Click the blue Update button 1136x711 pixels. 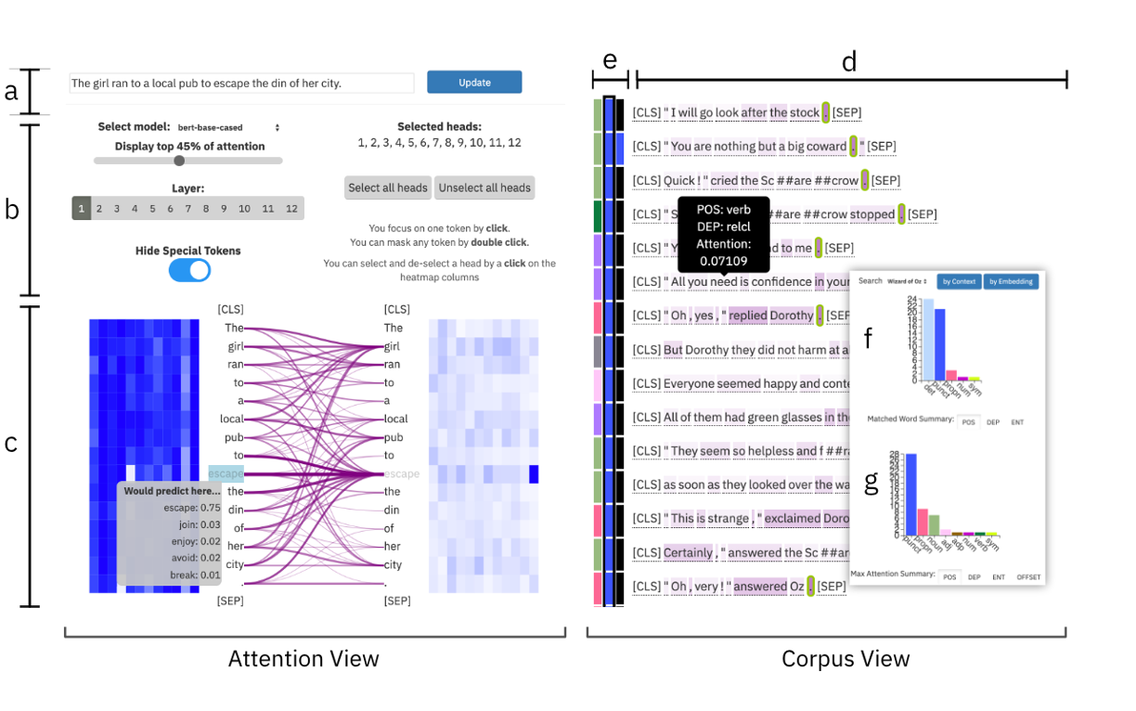tap(474, 83)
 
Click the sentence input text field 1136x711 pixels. tap(241, 84)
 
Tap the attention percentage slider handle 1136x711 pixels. tap(179, 161)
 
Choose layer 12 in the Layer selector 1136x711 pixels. tap(291, 209)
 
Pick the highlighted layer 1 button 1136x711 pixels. tap(82, 209)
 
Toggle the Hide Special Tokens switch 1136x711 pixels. tap(189, 270)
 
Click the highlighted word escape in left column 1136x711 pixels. tap(226, 473)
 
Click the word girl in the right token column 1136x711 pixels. tap(393, 346)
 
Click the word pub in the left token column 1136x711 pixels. tap(235, 437)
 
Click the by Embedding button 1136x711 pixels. tap(1012, 281)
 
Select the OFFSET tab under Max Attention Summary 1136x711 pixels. tap(1027, 577)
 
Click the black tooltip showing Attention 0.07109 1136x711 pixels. tap(724, 235)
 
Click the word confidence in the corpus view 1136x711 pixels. tap(781, 282)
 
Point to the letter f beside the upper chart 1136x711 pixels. tap(869, 338)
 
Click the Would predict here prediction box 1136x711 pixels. tap(169, 533)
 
